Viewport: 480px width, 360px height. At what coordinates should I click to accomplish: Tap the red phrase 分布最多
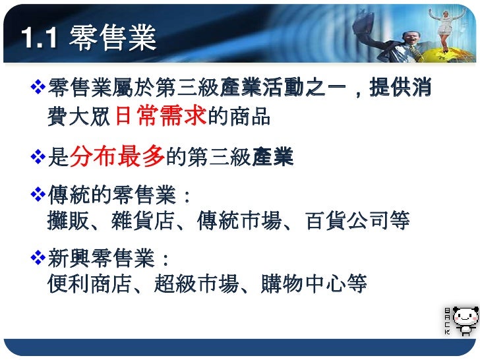pyautogui.click(x=117, y=157)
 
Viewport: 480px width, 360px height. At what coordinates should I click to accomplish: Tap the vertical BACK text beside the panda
pyautogui.click(x=448, y=320)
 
